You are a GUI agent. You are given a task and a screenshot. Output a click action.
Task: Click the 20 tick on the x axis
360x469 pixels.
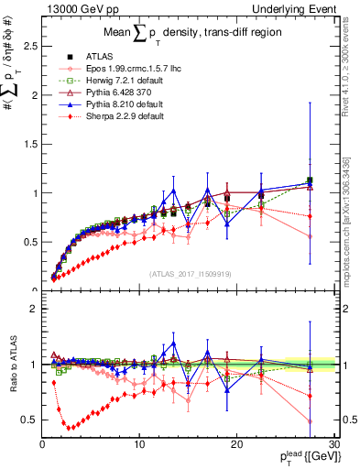(236, 444)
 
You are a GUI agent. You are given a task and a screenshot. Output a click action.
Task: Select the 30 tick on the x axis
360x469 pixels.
(333, 444)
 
